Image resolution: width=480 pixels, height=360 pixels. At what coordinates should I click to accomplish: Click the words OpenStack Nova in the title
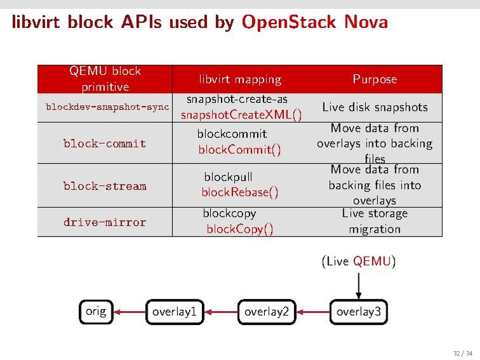click(314, 23)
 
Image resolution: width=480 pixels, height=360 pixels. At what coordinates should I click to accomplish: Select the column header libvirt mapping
click(240, 80)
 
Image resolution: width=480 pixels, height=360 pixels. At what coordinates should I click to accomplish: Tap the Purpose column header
click(374, 79)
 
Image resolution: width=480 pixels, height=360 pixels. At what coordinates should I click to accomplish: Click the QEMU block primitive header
click(105, 79)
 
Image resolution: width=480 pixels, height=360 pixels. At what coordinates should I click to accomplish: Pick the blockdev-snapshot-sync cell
click(107, 107)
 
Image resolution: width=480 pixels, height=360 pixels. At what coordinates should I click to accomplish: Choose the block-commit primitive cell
click(104, 144)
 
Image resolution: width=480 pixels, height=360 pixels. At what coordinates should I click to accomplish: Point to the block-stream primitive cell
click(104, 186)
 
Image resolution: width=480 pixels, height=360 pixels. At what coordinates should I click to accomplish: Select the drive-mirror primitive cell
click(104, 223)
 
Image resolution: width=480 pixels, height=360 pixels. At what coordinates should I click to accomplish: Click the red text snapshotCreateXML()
click(241, 115)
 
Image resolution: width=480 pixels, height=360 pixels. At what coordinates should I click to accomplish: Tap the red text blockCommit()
click(239, 150)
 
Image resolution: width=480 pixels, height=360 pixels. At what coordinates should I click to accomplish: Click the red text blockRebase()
click(240, 192)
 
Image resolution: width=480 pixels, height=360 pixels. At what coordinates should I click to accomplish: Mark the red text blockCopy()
click(240, 229)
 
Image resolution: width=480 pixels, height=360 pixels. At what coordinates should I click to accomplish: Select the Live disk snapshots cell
click(374, 107)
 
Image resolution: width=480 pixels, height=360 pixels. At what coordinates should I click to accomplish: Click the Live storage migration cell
click(374, 221)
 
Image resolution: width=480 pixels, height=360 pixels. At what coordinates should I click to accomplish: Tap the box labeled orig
click(96, 311)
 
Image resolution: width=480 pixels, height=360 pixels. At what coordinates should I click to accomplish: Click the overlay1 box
click(174, 312)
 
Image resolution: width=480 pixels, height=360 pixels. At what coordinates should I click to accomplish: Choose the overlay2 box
click(267, 312)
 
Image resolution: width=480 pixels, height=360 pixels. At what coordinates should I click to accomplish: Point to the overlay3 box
click(358, 312)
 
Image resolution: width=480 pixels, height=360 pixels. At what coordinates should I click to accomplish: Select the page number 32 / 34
click(462, 353)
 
